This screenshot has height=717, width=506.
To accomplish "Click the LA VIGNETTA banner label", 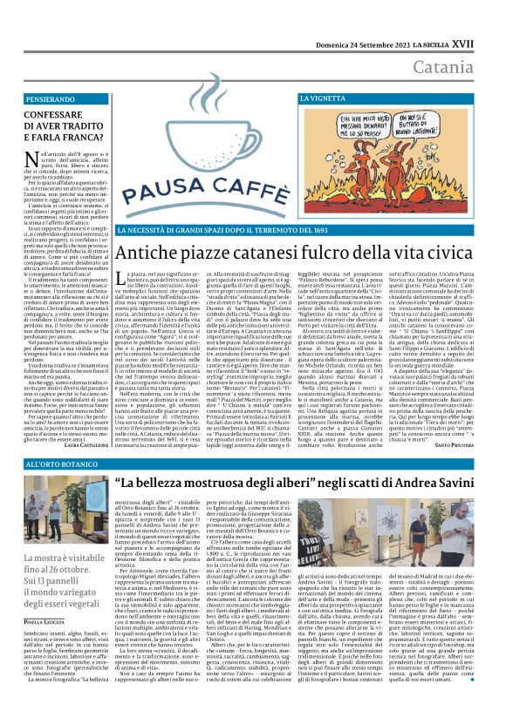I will point(326,101).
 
